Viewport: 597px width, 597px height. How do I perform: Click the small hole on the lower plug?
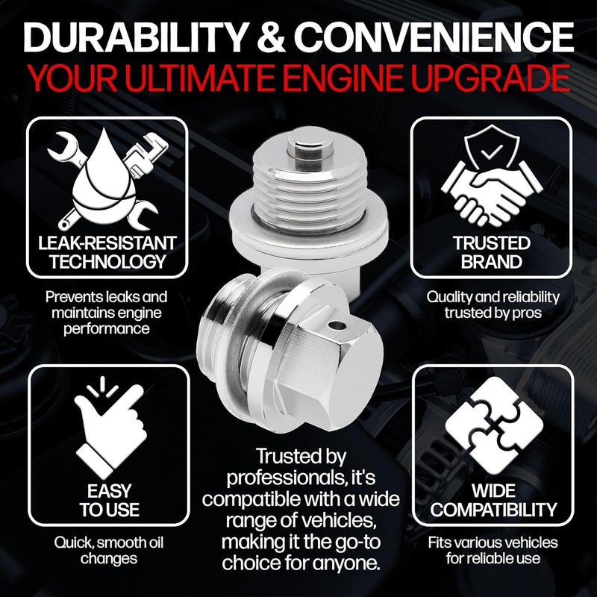pos(341,325)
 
